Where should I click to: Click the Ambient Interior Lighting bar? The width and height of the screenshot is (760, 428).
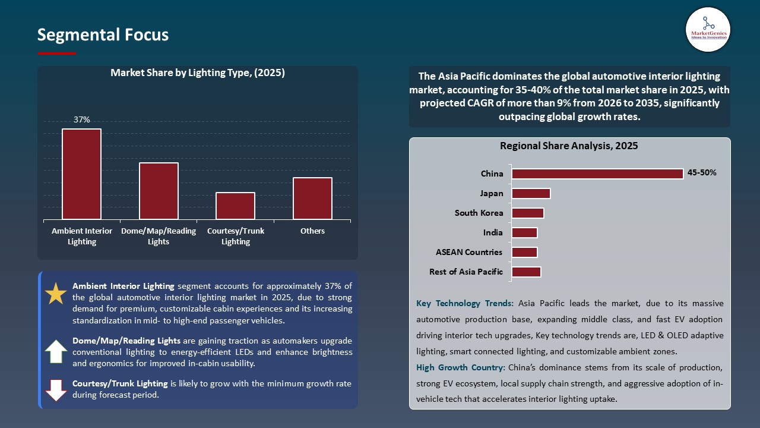(x=81, y=174)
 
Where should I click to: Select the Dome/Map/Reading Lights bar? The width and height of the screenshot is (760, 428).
(x=159, y=191)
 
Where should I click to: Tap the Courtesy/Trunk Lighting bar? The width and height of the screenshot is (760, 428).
(x=235, y=206)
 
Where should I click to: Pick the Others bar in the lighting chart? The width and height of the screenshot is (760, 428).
(x=312, y=198)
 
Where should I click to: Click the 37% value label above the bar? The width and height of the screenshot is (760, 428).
(x=82, y=119)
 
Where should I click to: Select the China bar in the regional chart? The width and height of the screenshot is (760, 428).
(x=597, y=174)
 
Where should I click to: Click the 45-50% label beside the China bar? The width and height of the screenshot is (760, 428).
(x=702, y=173)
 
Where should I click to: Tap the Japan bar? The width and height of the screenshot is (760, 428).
(x=531, y=193)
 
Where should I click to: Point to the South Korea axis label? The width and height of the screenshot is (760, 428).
(x=479, y=213)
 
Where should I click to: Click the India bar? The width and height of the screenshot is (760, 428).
(x=524, y=232)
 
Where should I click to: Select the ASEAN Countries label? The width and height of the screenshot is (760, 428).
(x=469, y=252)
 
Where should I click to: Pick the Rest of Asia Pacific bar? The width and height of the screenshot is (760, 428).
(x=526, y=272)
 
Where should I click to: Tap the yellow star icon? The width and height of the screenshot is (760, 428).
(x=56, y=294)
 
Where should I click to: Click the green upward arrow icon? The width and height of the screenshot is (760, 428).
(x=56, y=351)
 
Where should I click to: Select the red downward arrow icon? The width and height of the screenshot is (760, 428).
(x=56, y=390)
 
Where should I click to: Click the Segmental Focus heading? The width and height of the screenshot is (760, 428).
(x=103, y=35)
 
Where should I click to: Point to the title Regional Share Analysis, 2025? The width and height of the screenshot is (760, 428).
(x=569, y=146)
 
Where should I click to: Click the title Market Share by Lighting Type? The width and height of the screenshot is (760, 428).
(x=198, y=73)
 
